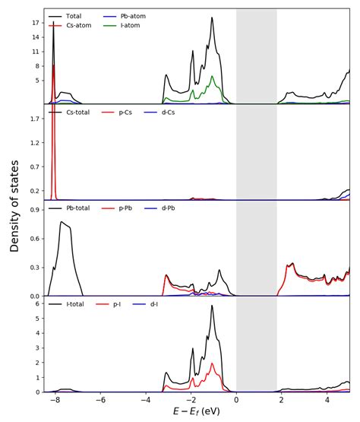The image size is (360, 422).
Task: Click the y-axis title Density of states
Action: [x=14, y=205]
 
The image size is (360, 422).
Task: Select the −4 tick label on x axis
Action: [x=145, y=400]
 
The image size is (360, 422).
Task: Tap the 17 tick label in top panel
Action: [x=35, y=23]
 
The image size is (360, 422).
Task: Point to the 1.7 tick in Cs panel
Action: [x=33, y=119]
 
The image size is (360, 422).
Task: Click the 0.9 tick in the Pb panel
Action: [x=33, y=209]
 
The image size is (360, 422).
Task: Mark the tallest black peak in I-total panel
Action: [x=212, y=306]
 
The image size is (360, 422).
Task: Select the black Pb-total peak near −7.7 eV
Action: [x=62, y=222]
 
